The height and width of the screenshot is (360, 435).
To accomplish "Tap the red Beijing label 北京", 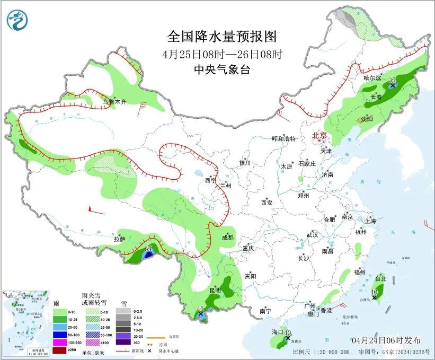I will pos(321,136).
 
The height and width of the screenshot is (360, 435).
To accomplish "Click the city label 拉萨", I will pos(119,239).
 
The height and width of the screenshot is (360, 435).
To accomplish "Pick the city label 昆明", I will pos(215,290).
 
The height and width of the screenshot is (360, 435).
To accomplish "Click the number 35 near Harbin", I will pos(393,79).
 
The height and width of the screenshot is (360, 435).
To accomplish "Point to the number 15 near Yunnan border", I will pos(200,308).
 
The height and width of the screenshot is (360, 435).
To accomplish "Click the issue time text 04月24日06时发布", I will pos(386,339).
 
